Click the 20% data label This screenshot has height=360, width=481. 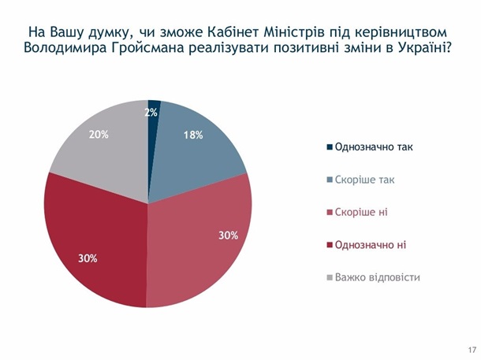(x=99, y=135)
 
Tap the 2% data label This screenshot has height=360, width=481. (x=151, y=113)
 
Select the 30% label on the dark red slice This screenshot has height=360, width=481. (x=87, y=258)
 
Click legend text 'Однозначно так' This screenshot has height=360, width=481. (x=374, y=147)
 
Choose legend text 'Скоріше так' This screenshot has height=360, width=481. (x=364, y=180)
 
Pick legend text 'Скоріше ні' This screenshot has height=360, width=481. (x=361, y=213)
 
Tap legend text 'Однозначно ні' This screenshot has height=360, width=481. (x=371, y=245)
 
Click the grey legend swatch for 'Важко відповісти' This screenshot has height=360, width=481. (x=329, y=278)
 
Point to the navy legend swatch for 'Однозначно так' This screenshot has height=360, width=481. (x=329, y=147)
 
